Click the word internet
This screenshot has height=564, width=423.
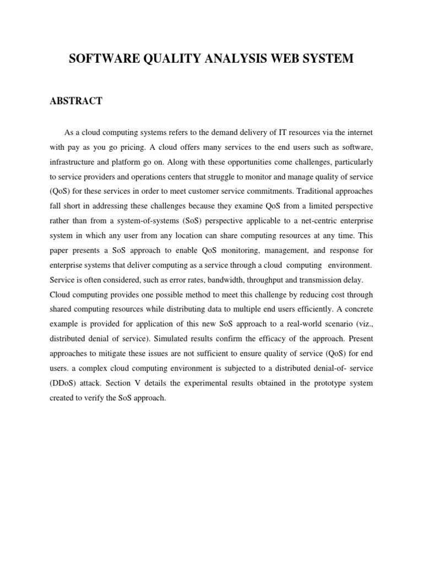(358, 133)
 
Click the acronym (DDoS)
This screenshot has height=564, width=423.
(63, 383)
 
